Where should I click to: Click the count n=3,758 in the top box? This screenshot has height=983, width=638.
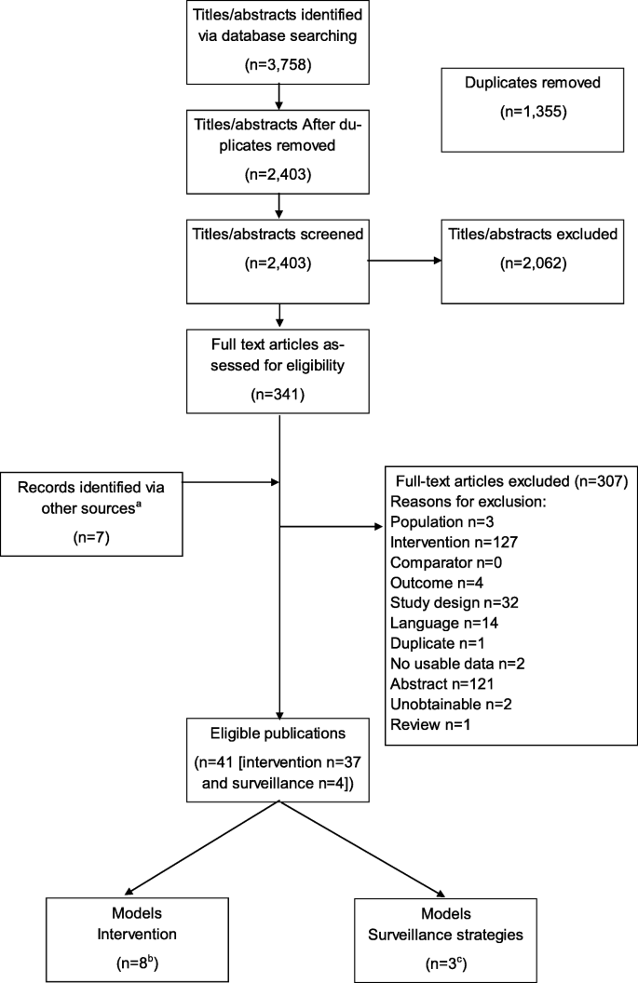(277, 66)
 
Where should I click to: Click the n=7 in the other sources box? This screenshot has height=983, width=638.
(91, 538)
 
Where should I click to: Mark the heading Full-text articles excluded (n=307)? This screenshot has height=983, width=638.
(509, 482)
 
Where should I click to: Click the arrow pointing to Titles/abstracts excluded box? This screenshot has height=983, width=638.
(405, 263)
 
